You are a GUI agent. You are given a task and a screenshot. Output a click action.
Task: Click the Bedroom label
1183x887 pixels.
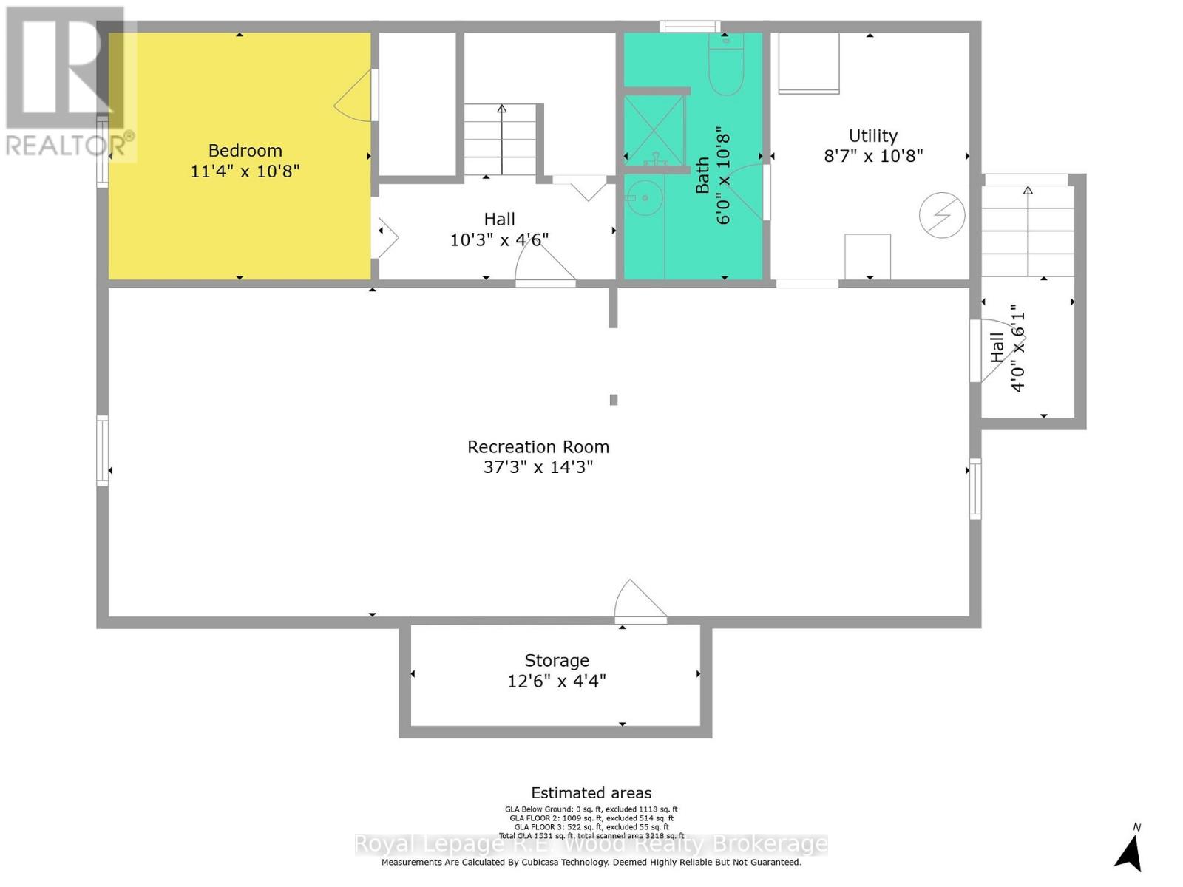point(245,151)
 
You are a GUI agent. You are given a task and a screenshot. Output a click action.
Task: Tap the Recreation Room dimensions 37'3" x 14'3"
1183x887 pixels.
point(538,467)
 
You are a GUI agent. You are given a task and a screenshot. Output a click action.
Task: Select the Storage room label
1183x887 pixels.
point(557,661)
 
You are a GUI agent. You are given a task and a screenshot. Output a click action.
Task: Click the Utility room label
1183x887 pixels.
point(873,136)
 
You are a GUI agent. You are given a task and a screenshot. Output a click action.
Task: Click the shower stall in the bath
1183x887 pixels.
point(654,130)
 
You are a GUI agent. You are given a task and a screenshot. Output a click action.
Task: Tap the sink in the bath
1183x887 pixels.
point(645,198)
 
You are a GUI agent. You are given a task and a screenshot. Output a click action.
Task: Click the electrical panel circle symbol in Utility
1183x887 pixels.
point(942,215)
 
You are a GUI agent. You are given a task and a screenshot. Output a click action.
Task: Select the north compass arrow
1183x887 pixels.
point(1130,850)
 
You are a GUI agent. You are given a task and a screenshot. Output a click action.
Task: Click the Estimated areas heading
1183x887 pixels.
point(591,793)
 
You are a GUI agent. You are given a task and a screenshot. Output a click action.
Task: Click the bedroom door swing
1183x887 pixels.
point(356,96)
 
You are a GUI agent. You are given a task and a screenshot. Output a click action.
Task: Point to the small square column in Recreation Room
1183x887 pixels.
point(613,400)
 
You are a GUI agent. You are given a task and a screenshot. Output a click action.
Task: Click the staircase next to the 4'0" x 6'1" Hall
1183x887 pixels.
point(1028,231)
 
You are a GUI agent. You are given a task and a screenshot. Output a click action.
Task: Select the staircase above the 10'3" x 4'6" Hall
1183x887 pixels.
point(501,140)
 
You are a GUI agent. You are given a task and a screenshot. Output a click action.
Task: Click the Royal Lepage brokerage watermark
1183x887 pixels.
point(591,844)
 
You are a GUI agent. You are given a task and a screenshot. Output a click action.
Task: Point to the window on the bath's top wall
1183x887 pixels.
point(690,27)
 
